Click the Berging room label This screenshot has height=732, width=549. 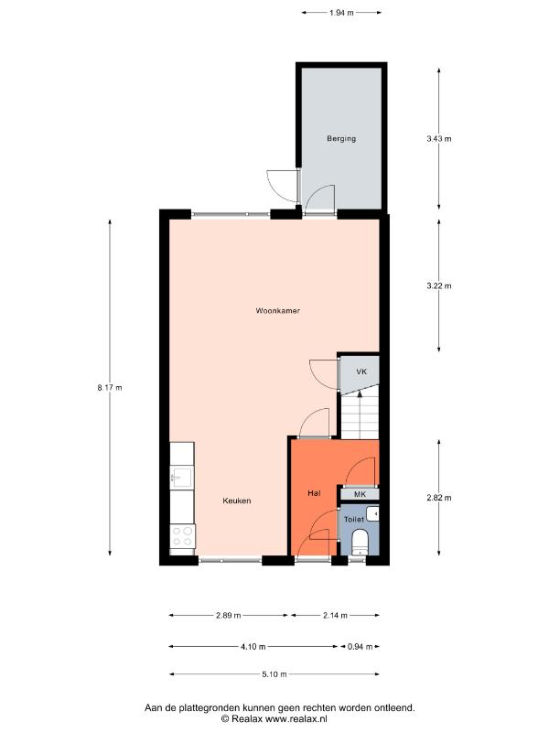click(340, 139)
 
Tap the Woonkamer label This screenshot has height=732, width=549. click(278, 310)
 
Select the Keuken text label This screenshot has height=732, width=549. click(237, 501)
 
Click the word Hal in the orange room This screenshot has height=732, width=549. click(314, 493)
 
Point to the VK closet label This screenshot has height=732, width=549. click(361, 371)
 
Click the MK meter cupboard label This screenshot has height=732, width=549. click(360, 494)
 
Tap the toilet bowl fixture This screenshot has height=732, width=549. click(360, 542)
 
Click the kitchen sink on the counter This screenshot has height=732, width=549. click(181, 477)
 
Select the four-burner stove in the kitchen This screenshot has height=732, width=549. click(182, 536)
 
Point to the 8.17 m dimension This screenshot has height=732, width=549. click(110, 387)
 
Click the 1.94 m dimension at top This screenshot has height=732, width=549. click(341, 13)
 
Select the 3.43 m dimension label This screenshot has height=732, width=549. click(439, 139)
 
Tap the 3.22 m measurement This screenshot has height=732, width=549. click(439, 285)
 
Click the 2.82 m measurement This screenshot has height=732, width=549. click(439, 498)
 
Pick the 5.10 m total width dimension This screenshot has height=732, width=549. click(274, 674)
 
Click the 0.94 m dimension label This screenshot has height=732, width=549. click(360, 647)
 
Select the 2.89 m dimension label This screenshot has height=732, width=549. click(228, 615)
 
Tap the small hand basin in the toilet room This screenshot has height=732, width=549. click(372, 514)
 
